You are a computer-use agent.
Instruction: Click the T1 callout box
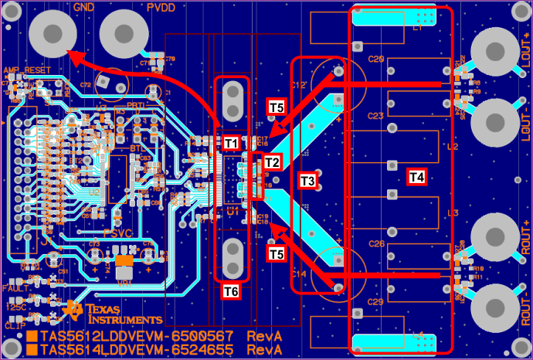231,143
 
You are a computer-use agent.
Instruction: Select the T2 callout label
272,162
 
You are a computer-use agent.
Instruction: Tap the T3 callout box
307,181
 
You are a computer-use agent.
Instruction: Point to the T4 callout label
416,177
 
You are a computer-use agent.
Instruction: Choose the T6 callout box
231,291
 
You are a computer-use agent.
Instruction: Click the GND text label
83,7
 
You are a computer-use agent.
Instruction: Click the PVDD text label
161,7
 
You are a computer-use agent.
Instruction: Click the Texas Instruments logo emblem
76,311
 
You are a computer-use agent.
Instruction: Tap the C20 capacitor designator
376,59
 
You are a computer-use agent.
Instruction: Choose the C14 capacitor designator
299,274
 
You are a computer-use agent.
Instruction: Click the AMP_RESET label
21,70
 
